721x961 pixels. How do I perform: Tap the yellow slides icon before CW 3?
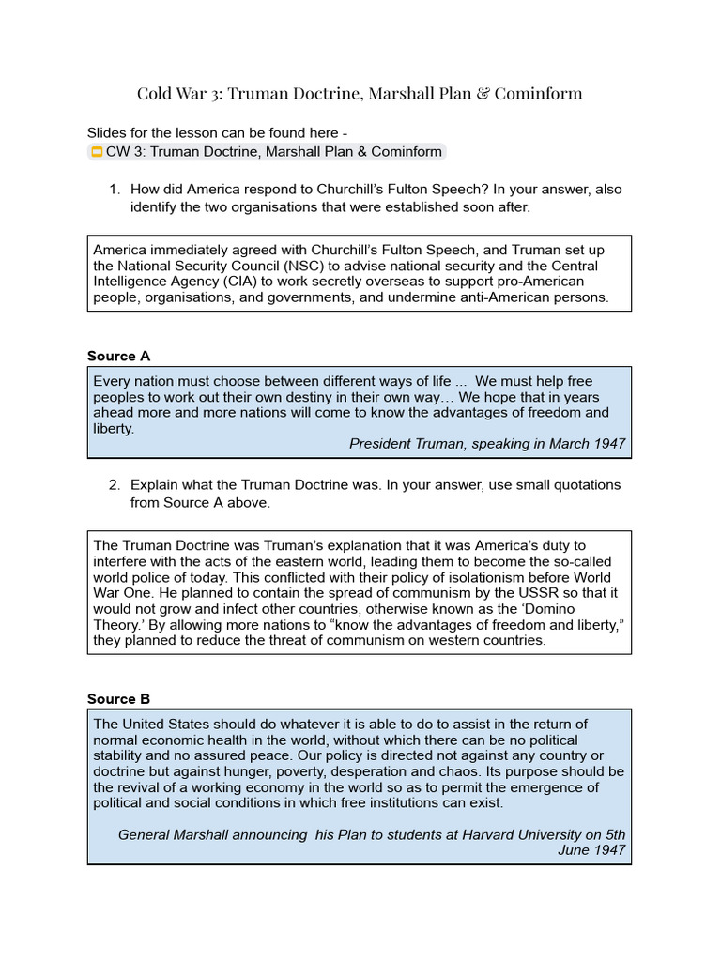[x=96, y=152]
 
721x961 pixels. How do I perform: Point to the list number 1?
[x=114, y=190]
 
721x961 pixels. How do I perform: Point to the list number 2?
[x=114, y=485]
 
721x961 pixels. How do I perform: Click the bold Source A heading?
[x=118, y=356]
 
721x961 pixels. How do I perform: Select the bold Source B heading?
[x=118, y=698]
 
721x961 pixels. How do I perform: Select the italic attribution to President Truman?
[x=486, y=443]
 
